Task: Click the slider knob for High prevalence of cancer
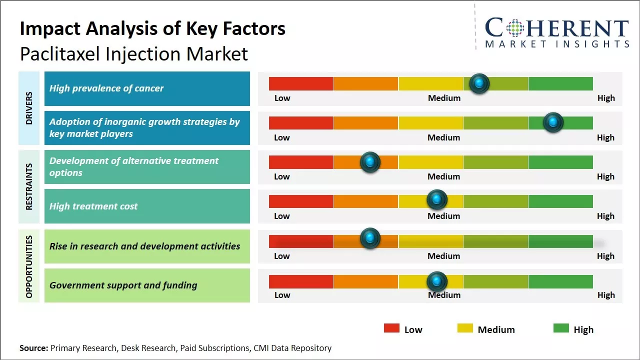click(x=479, y=83)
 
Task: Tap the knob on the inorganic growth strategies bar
click(x=553, y=122)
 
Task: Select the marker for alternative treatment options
click(x=370, y=161)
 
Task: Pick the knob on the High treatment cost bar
click(x=436, y=199)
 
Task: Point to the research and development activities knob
click(x=370, y=238)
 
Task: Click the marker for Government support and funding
click(x=436, y=281)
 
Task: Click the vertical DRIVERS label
click(x=29, y=108)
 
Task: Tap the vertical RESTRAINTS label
click(x=29, y=186)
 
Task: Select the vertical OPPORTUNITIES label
click(x=29, y=266)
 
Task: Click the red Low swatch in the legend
click(x=391, y=328)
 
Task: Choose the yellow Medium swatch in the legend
click(x=465, y=328)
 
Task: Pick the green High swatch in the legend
click(x=561, y=328)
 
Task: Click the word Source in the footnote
click(x=33, y=348)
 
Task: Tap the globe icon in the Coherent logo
click(x=514, y=28)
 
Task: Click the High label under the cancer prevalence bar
click(x=606, y=98)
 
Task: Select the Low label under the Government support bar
click(x=282, y=295)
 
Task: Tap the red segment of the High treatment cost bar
click(x=301, y=201)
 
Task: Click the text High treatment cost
click(x=93, y=206)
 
